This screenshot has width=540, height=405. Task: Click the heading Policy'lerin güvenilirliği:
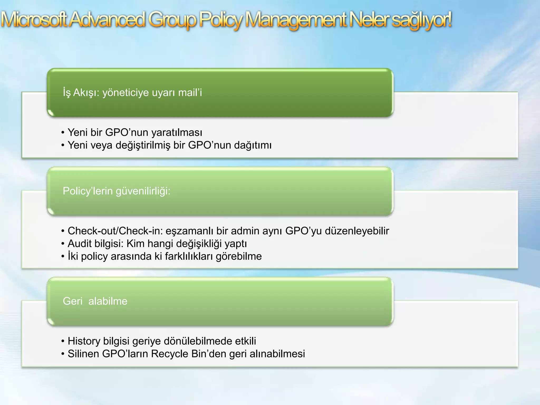coord(117,191)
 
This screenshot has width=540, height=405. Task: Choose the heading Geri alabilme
coord(95,301)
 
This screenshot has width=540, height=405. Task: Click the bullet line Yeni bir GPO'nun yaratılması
coord(135,132)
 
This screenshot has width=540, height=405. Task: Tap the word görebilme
coord(239,256)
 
